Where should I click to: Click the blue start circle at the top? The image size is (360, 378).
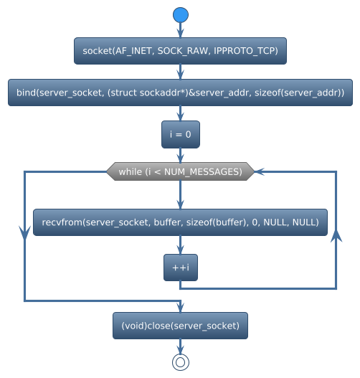[180, 15]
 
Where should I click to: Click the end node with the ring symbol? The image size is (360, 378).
[180, 362]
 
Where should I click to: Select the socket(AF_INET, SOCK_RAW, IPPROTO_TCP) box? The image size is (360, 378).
[180, 51]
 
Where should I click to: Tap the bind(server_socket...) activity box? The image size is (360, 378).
[180, 93]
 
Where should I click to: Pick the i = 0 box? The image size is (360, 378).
[180, 134]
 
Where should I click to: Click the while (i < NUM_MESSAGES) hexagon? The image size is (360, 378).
[180, 172]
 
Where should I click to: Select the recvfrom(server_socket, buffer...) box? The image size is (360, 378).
[180, 222]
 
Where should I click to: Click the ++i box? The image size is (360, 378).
[180, 268]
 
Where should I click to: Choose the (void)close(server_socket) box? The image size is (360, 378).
[180, 326]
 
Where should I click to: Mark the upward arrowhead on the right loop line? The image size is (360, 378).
[336, 237]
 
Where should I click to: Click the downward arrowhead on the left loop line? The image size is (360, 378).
[24, 230]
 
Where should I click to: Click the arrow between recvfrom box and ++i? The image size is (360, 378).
[180, 245]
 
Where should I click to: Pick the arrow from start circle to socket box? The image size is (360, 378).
[180, 30]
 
